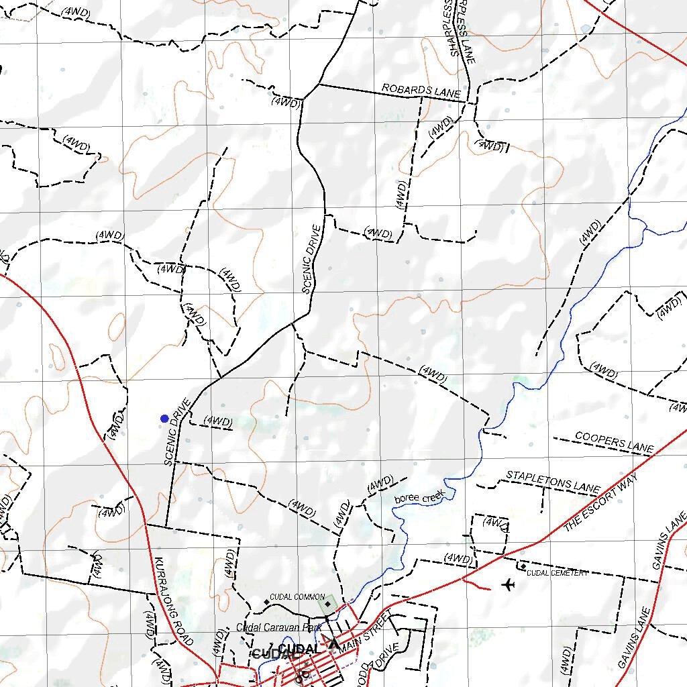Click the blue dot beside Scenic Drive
[164, 419]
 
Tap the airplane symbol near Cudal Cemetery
[508, 585]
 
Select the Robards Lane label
[421, 91]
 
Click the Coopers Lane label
[614, 442]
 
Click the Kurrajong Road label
[173, 601]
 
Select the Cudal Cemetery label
[557, 573]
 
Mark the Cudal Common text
[297, 596]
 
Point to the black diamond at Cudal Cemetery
[523, 567]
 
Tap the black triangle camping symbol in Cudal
[333, 644]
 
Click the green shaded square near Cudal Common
[327, 604]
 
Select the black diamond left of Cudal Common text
[266, 602]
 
